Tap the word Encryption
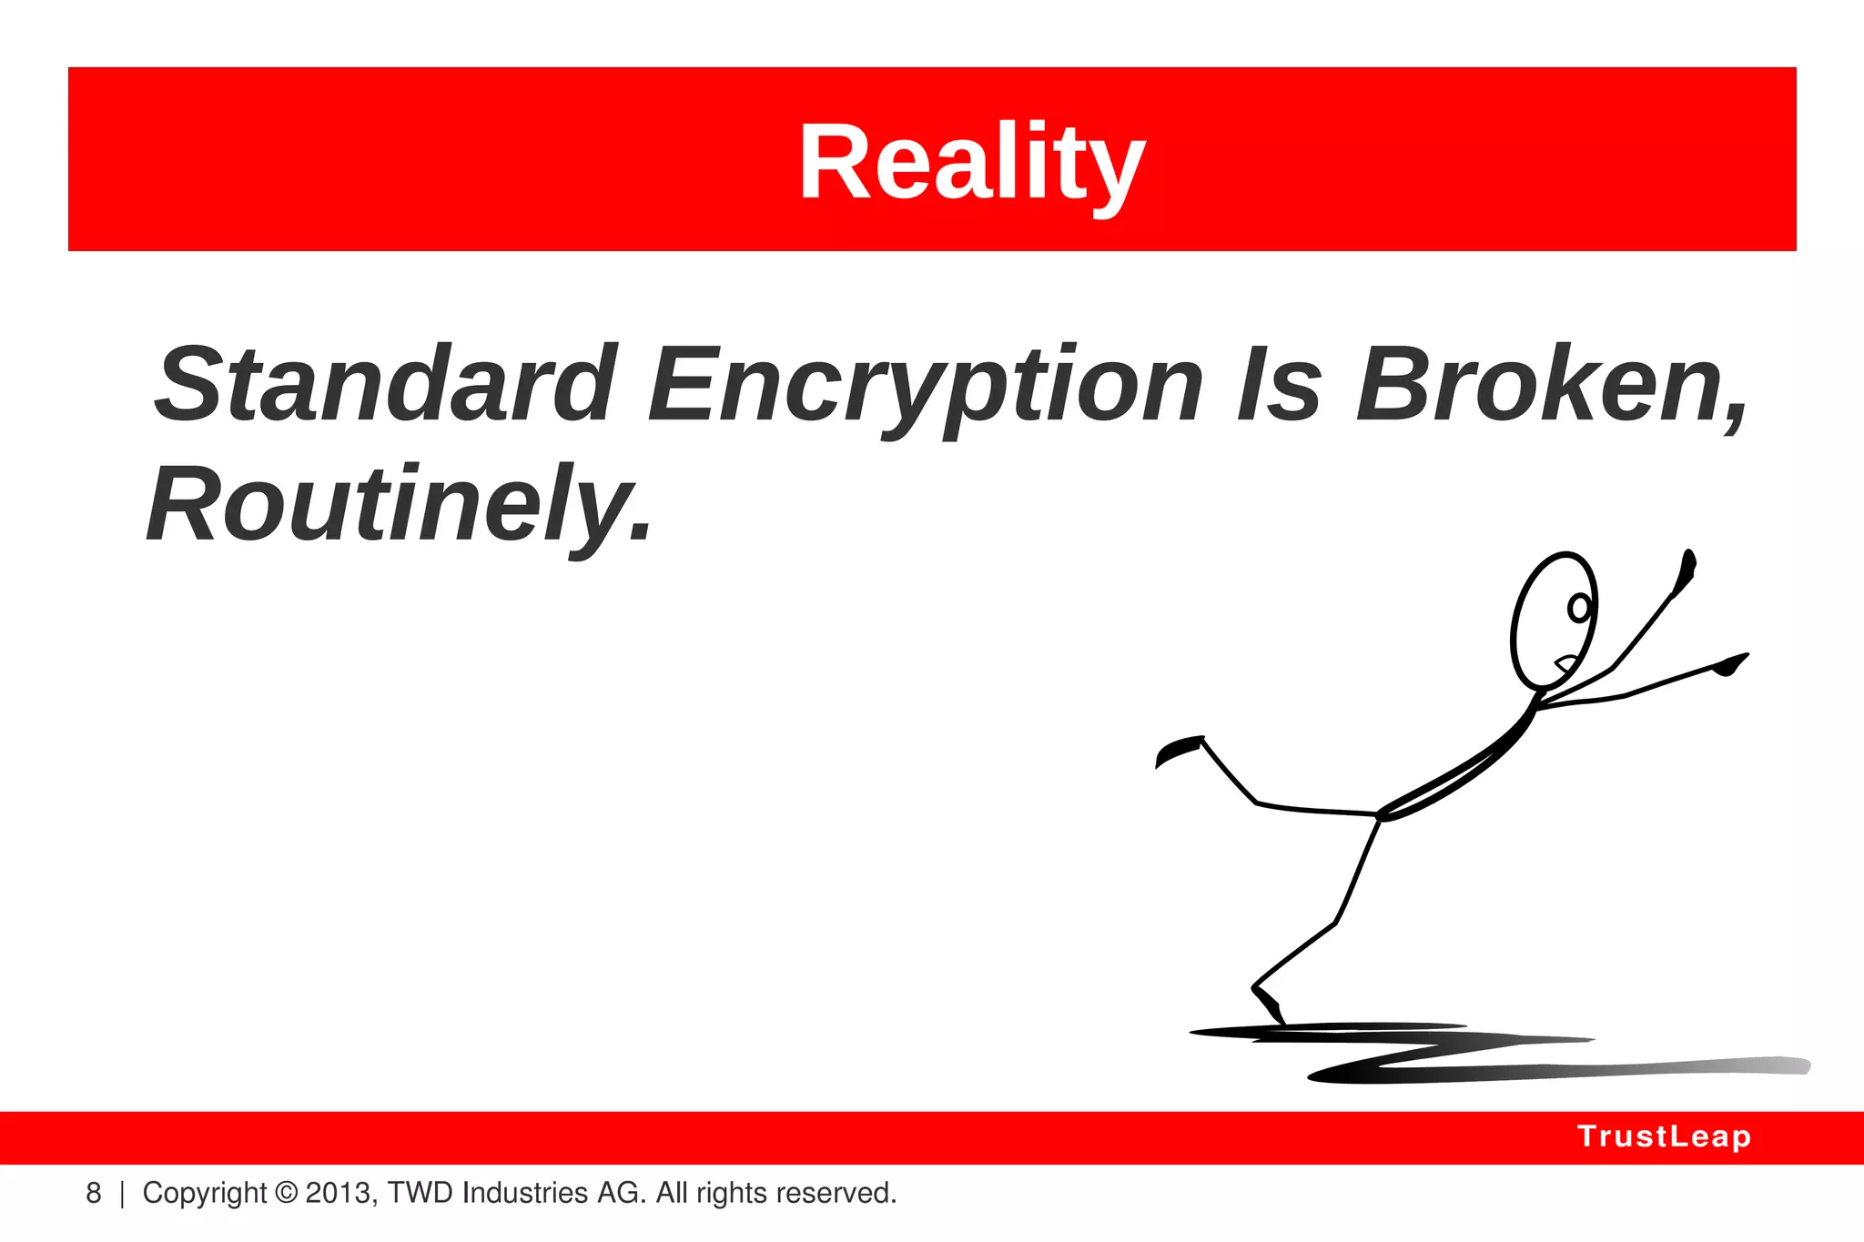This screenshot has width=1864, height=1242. (925, 388)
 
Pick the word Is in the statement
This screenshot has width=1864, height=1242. (1278, 385)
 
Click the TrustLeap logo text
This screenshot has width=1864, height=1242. (1664, 1136)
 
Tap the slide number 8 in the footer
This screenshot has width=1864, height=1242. (93, 1193)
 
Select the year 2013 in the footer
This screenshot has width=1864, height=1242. (339, 1193)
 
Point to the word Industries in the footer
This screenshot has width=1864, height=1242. (524, 1193)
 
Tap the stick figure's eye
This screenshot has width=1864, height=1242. (1579, 608)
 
